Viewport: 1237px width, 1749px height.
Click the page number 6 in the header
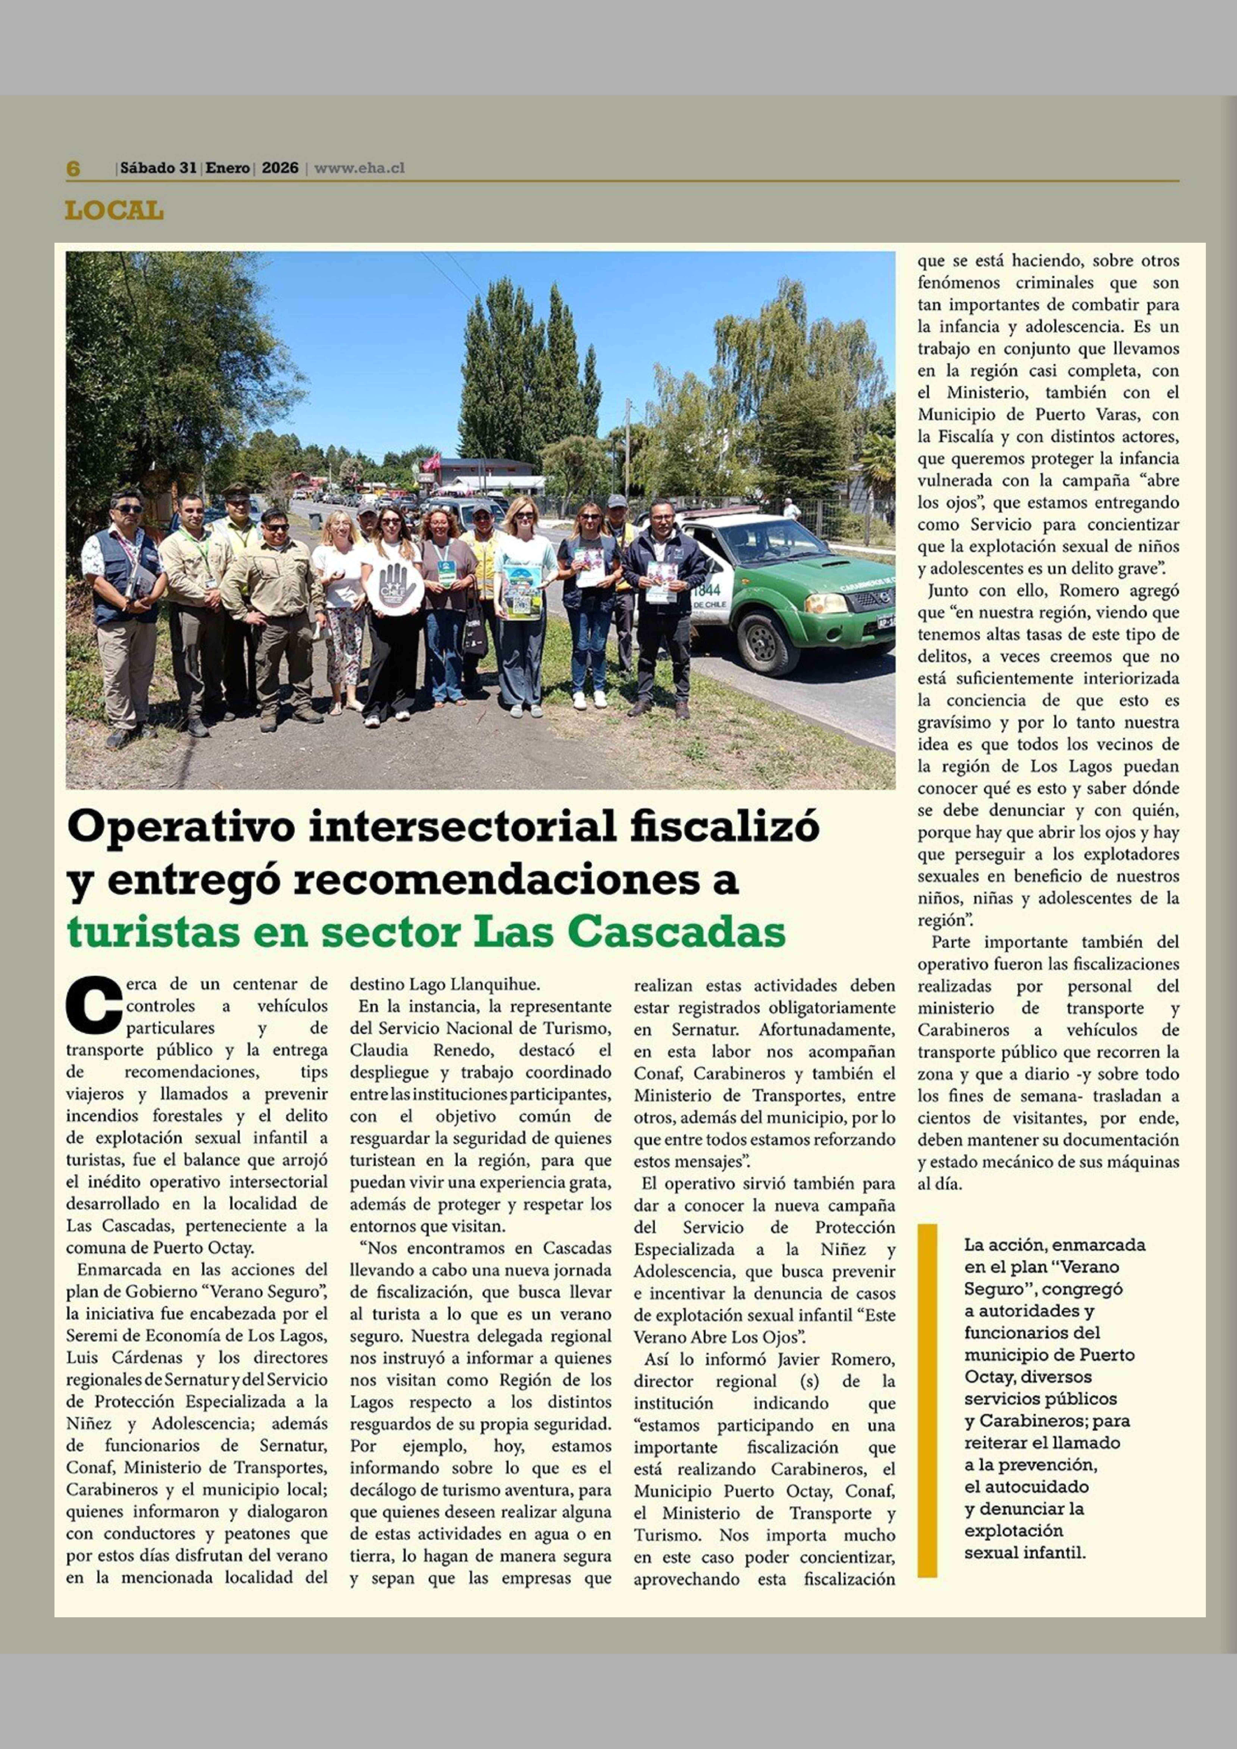[x=73, y=168]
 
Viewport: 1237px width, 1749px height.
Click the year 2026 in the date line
[x=280, y=168]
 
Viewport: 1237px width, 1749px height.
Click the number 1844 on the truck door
[x=706, y=590]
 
